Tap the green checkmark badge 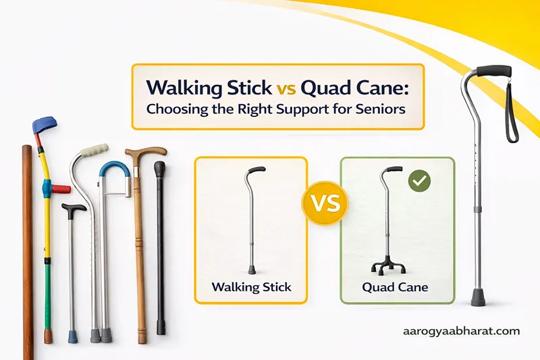421,181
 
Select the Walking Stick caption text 251,286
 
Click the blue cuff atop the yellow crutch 45,126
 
